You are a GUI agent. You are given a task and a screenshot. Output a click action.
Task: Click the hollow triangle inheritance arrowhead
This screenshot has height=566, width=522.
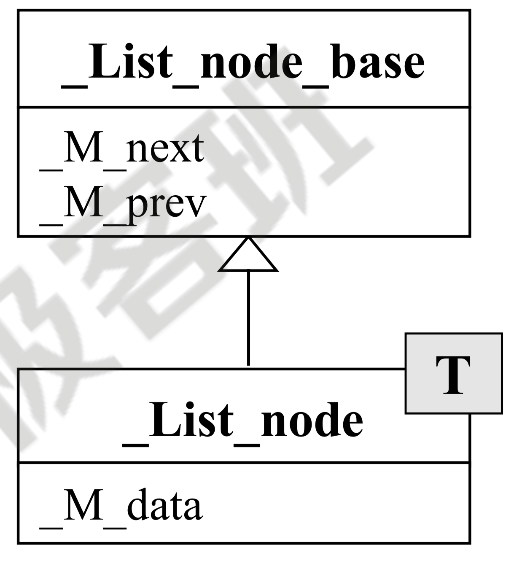(x=248, y=258)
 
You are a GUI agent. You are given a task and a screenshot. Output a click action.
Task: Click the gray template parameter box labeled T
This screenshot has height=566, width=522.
(x=453, y=373)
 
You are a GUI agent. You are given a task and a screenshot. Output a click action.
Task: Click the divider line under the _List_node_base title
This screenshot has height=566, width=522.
(x=244, y=107)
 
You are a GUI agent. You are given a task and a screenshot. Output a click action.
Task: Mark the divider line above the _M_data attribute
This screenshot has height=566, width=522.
(x=244, y=463)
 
